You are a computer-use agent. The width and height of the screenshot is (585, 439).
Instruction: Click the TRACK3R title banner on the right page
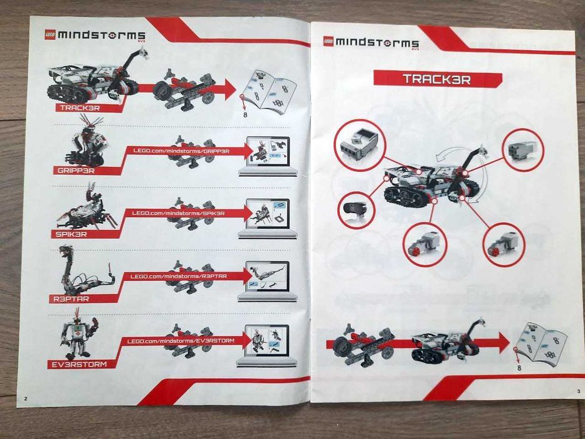[x=437, y=79]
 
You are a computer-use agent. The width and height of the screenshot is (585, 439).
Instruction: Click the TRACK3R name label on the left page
[x=80, y=107]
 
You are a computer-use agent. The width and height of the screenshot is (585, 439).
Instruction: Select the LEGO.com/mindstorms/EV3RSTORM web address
[x=181, y=341]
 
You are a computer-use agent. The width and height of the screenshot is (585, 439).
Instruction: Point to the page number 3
[x=578, y=391]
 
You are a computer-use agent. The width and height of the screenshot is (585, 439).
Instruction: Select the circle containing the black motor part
[x=356, y=209]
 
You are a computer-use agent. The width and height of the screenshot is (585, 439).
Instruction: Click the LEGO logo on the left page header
[x=48, y=35]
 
